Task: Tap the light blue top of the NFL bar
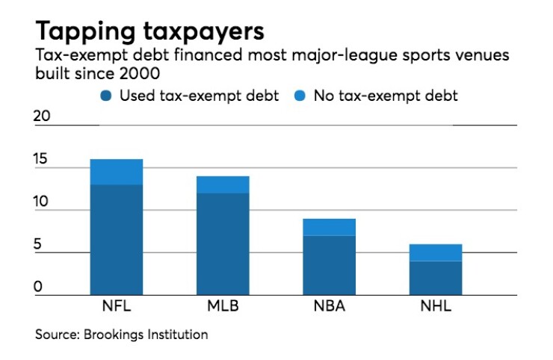pos(116,172)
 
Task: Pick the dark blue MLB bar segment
pos(223,244)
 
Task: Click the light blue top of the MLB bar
pos(223,184)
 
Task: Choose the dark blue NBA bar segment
pos(329,265)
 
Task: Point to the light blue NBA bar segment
pos(329,227)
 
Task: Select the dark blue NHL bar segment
pos(436,278)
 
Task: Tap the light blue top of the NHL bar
pos(436,252)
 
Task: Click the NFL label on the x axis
pos(116,307)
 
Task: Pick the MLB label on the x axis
pos(223,307)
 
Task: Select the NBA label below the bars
pos(329,307)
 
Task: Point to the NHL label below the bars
pos(436,307)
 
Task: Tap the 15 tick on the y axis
pos(43,159)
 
